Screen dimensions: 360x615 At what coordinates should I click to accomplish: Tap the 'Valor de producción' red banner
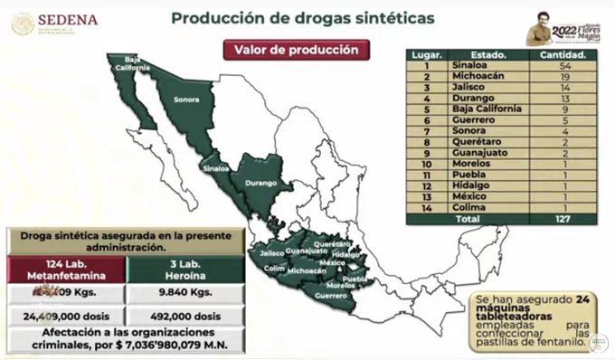pos(298,51)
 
